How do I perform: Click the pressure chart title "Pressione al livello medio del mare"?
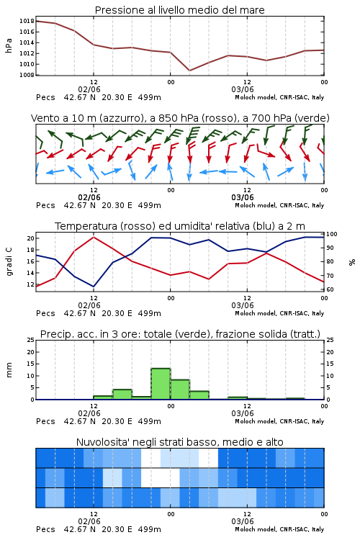point(179,10)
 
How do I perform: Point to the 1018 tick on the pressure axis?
point(27,21)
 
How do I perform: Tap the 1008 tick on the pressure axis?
point(27,75)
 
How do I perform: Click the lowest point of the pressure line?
point(189,71)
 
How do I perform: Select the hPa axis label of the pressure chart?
point(9,46)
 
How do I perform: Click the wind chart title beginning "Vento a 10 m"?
point(180,118)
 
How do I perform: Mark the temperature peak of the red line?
point(94,237)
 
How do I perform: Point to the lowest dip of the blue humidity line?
point(94,287)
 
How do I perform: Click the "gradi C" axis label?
point(9,262)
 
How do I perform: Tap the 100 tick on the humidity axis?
point(331,234)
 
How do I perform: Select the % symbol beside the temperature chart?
point(352,262)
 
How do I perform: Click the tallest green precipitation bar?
point(161,384)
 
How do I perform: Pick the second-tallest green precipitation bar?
point(180,390)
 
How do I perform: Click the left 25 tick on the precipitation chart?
point(30,340)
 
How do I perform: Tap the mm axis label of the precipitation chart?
point(9,370)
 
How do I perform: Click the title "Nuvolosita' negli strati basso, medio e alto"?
point(179,442)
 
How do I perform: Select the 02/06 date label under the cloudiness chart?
point(89,521)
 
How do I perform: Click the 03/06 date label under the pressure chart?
point(243,89)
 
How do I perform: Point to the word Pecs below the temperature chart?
point(45,313)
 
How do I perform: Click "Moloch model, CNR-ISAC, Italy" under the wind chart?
point(279,206)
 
